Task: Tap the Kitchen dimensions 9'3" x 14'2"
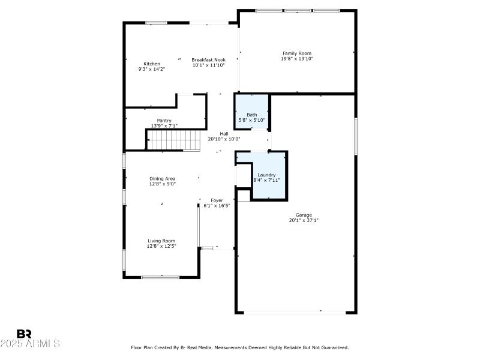click(151, 69)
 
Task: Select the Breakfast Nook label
click(208, 59)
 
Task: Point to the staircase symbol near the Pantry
click(174, 141)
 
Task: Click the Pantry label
click(164, 121)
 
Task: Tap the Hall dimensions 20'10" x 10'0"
click(224, 139)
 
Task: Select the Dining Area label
click(162, 179)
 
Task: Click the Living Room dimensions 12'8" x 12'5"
click(161, 246)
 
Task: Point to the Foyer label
click(217, 200)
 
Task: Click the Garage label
click(304, 215)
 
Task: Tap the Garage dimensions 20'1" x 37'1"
click(304, 220)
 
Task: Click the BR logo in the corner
click(25, 333)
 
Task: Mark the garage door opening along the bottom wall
click(295, 311)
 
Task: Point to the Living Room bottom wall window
click(160, 277)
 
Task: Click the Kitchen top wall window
click(156, 23)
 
